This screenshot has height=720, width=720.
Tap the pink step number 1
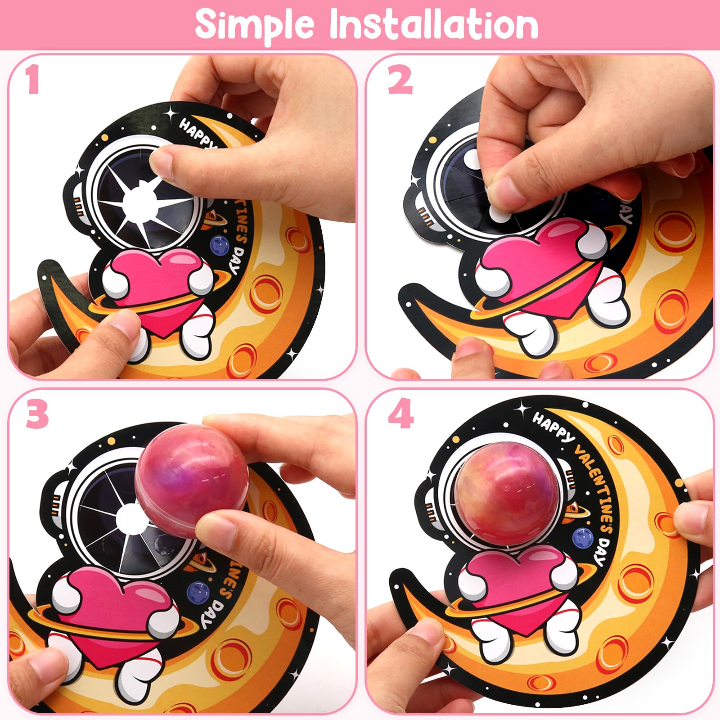pyautogui.click(x=32, y=80)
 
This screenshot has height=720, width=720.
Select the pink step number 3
pyautogui.click(x=37, y=415)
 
